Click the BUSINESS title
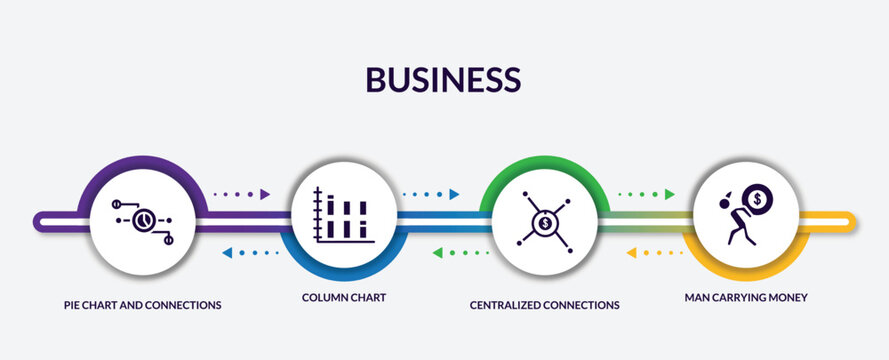point(443,79)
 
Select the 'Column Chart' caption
point(345,298)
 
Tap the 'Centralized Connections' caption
point(545,303)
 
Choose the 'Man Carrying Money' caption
point(746,298)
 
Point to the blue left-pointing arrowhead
point(227,253)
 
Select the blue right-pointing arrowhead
point(454,194)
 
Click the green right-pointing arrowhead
point(669,194)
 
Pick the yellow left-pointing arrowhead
point(631,253)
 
